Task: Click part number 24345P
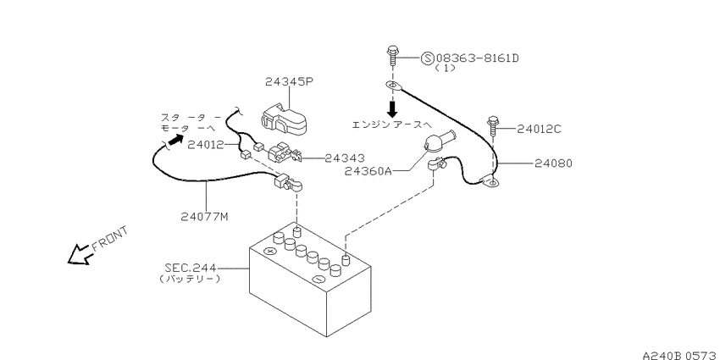[290, 81]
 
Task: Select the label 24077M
[205, 216]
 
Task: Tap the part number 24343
[345, 158]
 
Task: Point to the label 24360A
[368, 171]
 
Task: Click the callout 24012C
[539, 129]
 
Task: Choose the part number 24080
[553, 163]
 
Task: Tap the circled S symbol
[427, 58]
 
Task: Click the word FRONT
[110, 239]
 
